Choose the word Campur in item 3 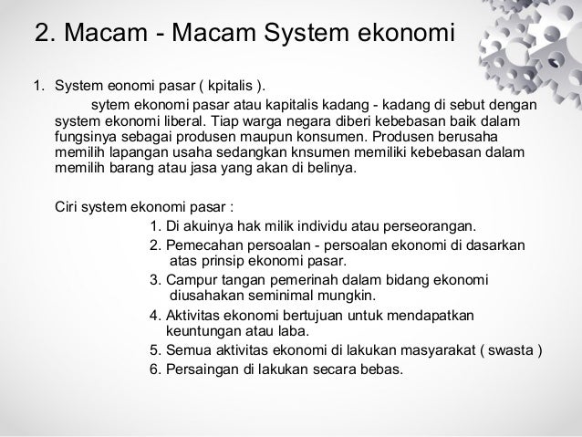click(x=187, y=279)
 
